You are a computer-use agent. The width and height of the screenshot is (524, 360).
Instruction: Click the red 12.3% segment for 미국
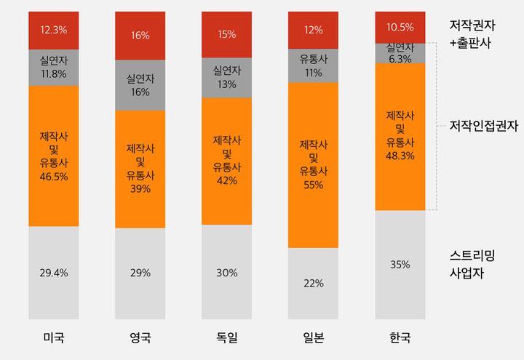54,31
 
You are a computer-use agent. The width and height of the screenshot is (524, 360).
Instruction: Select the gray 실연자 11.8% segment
54,67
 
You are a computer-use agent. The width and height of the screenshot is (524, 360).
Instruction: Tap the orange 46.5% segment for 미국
54,156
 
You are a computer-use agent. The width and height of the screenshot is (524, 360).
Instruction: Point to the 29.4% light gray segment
54,273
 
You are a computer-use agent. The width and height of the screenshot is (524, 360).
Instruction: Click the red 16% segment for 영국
140,36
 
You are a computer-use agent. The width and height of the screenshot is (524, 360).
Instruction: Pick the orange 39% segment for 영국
140,169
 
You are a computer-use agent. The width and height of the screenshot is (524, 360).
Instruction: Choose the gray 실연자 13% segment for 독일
227,77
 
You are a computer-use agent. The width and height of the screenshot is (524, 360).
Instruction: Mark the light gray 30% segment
227,272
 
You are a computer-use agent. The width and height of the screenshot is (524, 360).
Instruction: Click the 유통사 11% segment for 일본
314,66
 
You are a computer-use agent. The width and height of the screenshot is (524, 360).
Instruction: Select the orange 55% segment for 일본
314,165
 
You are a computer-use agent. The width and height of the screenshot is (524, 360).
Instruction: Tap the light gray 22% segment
314,284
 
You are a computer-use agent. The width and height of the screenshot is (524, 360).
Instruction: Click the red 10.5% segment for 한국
400,27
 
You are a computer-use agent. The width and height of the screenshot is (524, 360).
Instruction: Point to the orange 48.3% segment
400,136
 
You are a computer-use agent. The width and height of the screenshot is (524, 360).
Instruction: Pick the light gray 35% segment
400,265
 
